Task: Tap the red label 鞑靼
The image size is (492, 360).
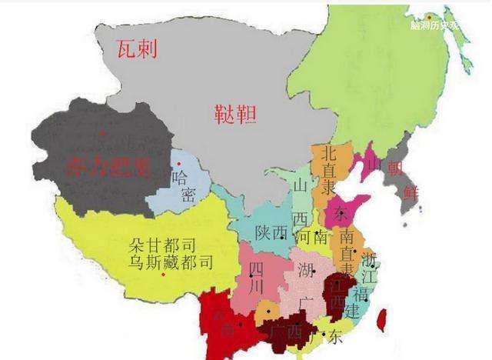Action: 234,116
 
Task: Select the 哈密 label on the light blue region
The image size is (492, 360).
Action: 183,185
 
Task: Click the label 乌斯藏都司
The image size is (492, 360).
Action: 170,263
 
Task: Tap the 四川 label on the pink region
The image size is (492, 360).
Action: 256,276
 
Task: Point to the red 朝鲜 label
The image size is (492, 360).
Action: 403,178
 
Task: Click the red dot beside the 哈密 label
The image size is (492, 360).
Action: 178,164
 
